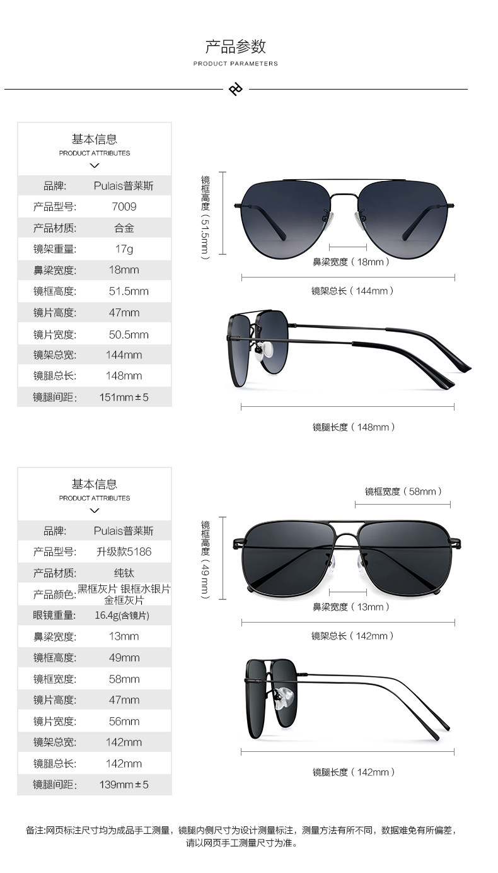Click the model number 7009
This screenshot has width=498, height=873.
124,207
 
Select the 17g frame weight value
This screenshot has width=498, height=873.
124,249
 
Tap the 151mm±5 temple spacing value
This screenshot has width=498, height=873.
124,397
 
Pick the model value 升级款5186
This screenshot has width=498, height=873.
124,552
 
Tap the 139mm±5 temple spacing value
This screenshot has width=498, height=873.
124,785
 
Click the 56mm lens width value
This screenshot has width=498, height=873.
124,721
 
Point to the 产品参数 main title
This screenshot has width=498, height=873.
236,47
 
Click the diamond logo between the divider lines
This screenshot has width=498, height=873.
236,90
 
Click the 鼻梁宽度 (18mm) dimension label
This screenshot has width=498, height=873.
351,262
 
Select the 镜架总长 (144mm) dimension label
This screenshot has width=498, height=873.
352,291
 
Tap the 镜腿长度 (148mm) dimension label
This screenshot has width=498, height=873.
354,427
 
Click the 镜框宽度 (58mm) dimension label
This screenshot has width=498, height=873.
403,491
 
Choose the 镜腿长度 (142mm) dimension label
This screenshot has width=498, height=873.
354,772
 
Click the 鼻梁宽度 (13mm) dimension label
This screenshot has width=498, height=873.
351,607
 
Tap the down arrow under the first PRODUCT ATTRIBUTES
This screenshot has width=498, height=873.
95,166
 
